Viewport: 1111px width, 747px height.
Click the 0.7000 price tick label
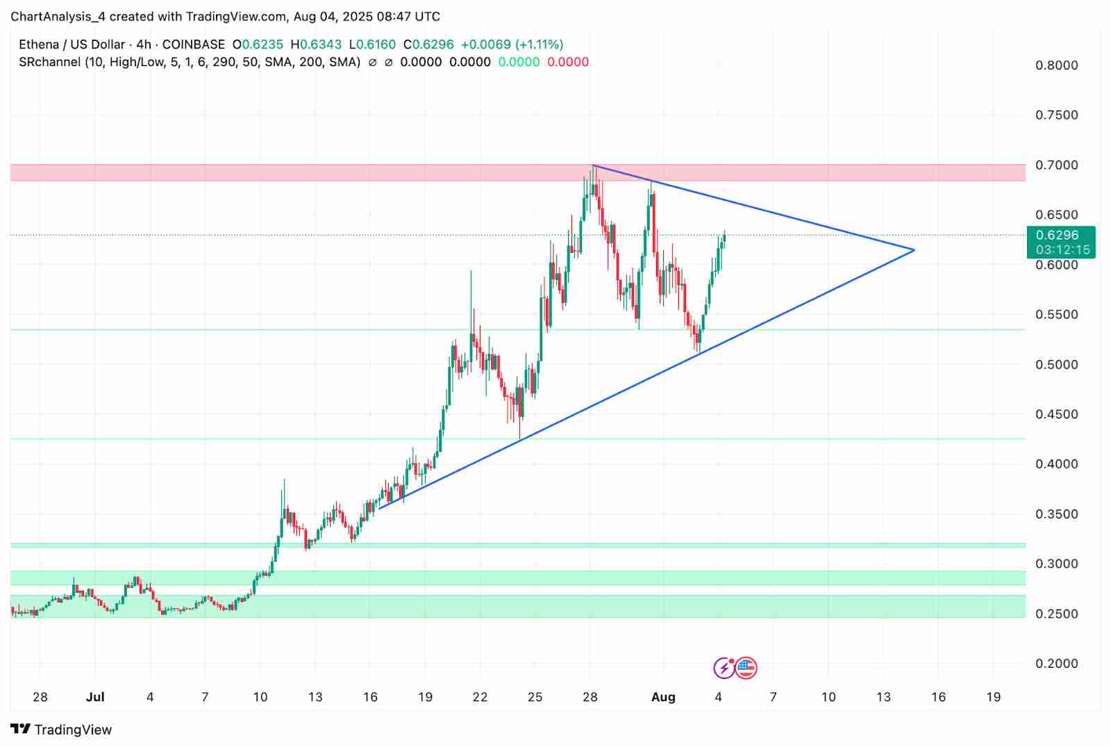[x=1056, y=165]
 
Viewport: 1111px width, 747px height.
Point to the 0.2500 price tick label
[x=1056, y=614]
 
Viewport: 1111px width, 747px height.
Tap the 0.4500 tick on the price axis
[x=1056, y=415]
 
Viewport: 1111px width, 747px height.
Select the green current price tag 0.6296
[x=1057, y=236]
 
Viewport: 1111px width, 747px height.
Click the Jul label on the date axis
[x=95, y=697]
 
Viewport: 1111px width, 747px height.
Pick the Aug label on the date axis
[x=663, y=697]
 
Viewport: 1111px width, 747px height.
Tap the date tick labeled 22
[x=480, y=697]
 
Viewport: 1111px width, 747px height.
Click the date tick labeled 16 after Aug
[x=938, y=697]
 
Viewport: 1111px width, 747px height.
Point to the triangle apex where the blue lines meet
[x=914, y=250]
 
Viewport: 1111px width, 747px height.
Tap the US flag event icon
[x=746, y=668]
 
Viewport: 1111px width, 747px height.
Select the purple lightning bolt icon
[x=724, y=668]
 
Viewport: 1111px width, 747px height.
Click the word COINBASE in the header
[x=194, y=44]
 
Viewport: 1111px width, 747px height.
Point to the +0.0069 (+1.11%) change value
[x=512, y=44]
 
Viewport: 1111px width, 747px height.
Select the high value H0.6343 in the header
[x=316, y=44]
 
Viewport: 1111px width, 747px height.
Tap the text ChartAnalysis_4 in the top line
[x=58, y=16]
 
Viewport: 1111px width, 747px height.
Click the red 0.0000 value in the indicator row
[x=568, y=62]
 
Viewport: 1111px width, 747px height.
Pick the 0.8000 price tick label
[x=1056, y=65]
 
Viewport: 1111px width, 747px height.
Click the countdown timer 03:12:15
[x=1062, y=249]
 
